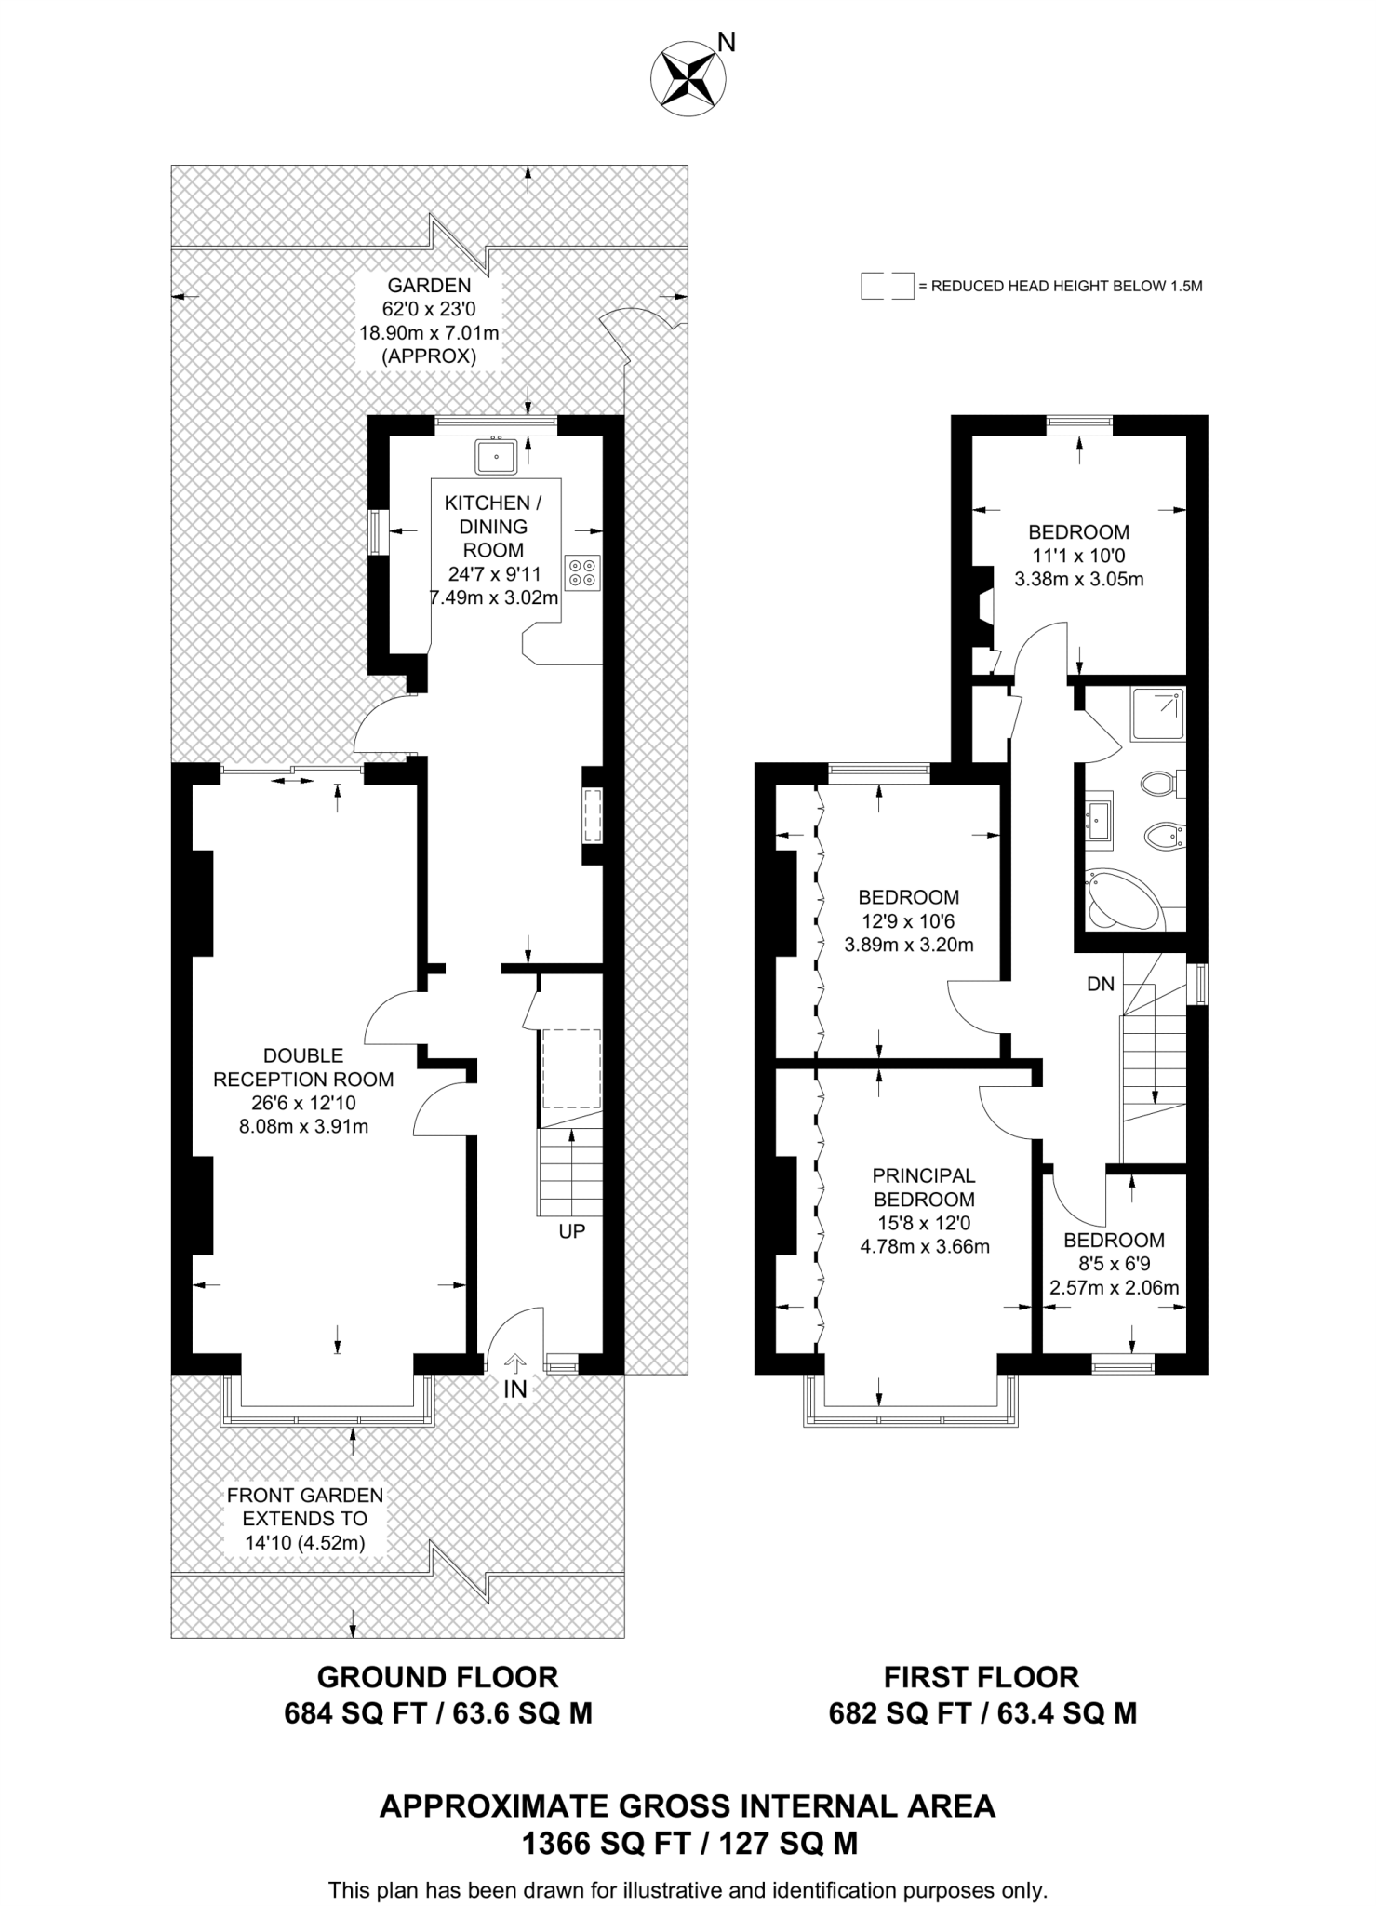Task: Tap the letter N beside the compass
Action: click(728, 42)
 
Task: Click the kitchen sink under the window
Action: click(496, 456)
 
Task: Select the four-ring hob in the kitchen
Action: click(583, 571)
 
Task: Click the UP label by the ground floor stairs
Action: click(571, 1231)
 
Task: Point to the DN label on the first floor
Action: click(1101, 984)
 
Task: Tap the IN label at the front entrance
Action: click(514, 1389)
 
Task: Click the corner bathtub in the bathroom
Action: click(1121, 898)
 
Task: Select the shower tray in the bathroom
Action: click(1157, 715)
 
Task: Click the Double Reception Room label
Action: click(303, 1067)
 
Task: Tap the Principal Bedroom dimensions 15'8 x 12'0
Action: click(925, 1223)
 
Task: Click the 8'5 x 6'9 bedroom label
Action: click(1114, 1264)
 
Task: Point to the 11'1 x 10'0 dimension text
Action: click(1078, 556)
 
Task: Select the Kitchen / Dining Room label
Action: click(493, 526)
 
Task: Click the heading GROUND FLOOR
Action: click(437, 1677)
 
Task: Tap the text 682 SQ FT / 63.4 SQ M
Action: click(982, 1713)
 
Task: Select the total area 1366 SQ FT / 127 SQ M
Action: click(688, 1844)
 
